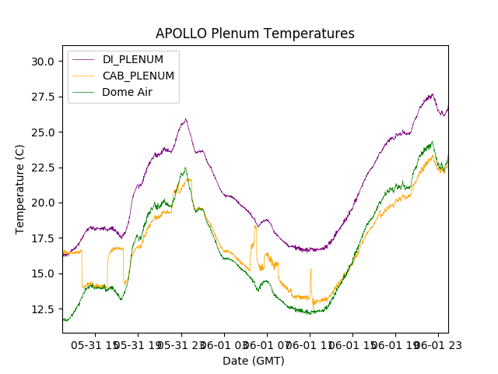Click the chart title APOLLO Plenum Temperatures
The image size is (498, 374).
[x=254, y=34]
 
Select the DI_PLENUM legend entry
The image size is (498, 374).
[x=132, y=59]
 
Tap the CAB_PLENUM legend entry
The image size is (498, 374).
[x=138, y=76]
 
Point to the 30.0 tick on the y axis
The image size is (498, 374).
[x=42, y=62]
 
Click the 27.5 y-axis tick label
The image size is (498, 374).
[x=42, y=97]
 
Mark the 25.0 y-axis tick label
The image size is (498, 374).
[x=42, y=132]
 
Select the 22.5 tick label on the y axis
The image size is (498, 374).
[x=42, y=168]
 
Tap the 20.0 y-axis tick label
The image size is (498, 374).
[x=42, y=203]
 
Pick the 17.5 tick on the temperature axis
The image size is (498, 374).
[x=42, y=238]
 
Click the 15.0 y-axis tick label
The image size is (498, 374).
[x=42, y=273]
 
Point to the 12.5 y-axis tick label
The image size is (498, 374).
[x=42, y=309]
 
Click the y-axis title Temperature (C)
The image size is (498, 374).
[x=20, y=189]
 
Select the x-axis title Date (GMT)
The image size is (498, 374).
[x=254, y=361]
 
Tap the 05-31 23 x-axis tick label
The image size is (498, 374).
[x=181, y=344]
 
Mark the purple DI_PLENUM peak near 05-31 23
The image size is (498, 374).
[x=185, y=119]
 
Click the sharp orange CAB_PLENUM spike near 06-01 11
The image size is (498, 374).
[x=310, y=270]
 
